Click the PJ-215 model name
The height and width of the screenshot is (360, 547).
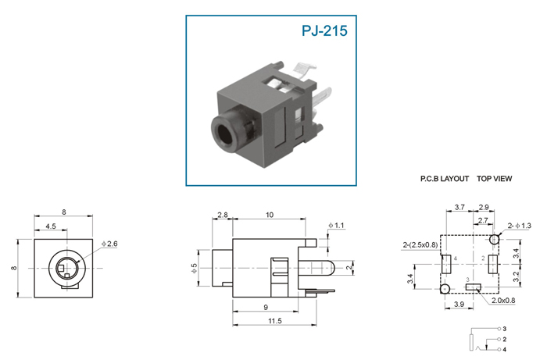click(x=324, y=30)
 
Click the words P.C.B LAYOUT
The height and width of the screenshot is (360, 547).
click(x=445, y=179)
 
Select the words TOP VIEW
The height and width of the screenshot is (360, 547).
click(x=495, y=179)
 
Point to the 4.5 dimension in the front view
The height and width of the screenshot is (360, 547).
click(x=51, y=226)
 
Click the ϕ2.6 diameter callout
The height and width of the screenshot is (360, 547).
click(x=109, y=244)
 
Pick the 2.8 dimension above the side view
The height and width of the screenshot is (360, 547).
click(x=223, y=215)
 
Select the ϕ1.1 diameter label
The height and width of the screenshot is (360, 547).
click(x=336, y=226)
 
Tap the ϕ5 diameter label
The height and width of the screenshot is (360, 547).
click(x=195, y=268)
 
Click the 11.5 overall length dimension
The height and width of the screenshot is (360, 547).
click(x=275, y=321)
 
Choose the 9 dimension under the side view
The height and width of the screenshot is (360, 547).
click(x=266, y=308)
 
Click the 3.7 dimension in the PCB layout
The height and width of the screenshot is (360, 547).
click(x=459, y=208)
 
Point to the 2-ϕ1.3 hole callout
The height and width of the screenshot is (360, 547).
click(x=520, y=226)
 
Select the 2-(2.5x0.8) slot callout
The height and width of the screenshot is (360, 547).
click(x=420, y=245)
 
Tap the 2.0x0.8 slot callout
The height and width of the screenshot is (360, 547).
click(x=503, y=301)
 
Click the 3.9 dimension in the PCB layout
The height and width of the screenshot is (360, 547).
click(x=459, y=305)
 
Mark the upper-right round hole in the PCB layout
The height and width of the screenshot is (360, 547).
click(x=495, y=240)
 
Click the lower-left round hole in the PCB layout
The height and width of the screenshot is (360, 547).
click(x=445, y=289)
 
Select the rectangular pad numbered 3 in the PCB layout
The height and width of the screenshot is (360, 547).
click(x=474, y=287)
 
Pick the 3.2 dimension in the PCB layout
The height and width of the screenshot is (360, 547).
click(x=517, y=276)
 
